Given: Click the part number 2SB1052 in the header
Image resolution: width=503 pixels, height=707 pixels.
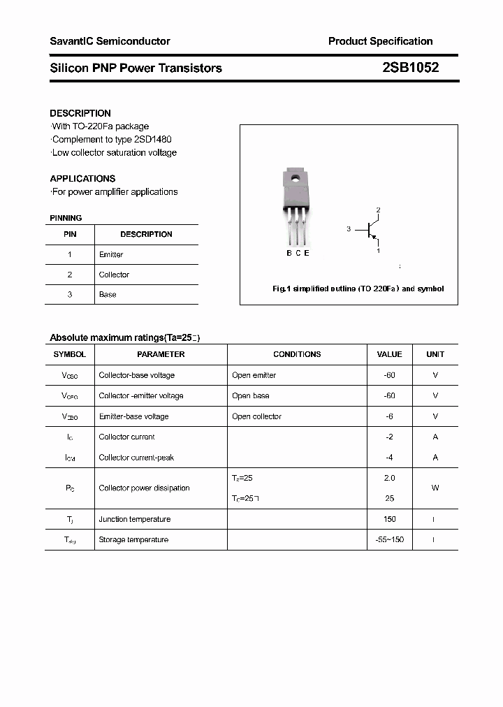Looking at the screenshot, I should [x=410, y=68].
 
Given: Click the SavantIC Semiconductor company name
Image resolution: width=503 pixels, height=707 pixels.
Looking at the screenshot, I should [x=110, y=41].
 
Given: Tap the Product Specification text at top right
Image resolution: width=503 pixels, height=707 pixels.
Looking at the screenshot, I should [x=380, y=41].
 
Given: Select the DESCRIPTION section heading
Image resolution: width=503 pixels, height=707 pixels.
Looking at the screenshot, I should [x=80, y=113].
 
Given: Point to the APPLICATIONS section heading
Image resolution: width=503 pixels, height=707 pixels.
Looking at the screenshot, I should [x=82, y=178].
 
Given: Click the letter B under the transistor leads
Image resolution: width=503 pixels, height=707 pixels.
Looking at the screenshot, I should [x=289, y=253].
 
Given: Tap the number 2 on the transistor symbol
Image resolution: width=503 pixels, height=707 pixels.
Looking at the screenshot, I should [x=378, y=210].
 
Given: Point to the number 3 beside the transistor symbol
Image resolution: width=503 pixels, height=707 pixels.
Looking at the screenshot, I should [x=349, y=228].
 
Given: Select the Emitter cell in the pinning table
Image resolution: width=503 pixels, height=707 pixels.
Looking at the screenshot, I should [x=111, y=254].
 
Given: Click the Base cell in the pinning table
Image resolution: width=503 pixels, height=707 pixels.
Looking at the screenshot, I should [x=108, y=294].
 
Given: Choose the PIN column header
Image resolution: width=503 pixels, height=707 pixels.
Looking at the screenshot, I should [x=70, y=234].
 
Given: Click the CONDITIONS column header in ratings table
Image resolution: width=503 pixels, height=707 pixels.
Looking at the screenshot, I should [x=297, y=354].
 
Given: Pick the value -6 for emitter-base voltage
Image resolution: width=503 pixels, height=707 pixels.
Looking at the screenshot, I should [x=389, y=416].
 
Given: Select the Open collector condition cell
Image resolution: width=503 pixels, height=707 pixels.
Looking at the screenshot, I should [x=256, y=416].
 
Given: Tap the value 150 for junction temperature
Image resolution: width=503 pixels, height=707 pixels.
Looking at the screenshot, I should [x=389, y=519].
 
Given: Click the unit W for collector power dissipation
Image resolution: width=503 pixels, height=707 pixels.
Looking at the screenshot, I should [x=435, y=488].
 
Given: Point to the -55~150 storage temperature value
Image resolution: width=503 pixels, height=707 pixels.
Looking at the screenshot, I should [x=389, y=539].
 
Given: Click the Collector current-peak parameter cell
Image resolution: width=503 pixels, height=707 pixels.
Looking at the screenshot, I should [x=136, y=458].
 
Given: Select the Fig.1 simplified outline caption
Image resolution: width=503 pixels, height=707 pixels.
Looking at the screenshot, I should [x=357, y=289].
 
